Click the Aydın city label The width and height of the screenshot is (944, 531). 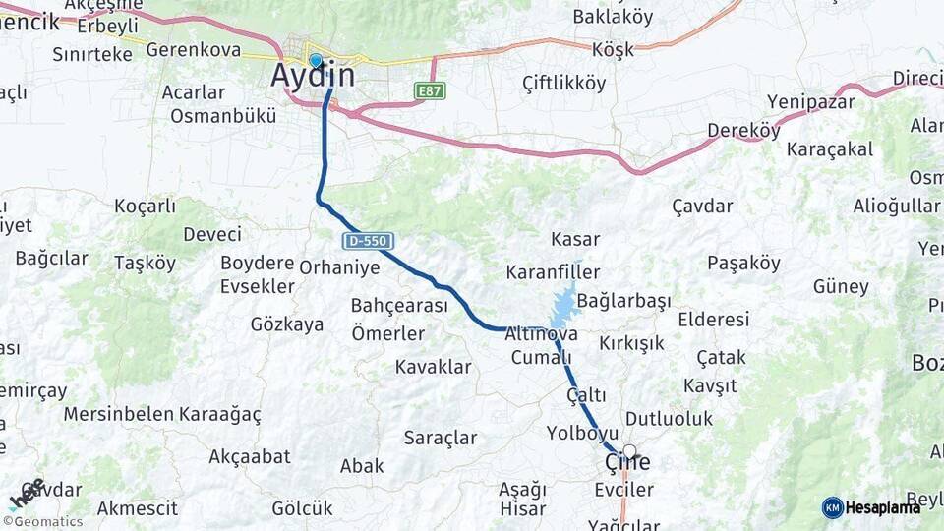(x=314, y=77)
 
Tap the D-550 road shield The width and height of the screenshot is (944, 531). (x=369, y=241)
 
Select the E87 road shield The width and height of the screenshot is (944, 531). (x=431, y=90)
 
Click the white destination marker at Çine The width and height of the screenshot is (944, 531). (x=629, y=453)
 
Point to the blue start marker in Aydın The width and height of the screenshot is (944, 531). (x=315, y=60)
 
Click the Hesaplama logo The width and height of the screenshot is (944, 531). (x=872, y=507)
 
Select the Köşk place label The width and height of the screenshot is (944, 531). (x=615, y=49)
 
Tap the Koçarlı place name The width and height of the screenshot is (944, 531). (x=145, y=206)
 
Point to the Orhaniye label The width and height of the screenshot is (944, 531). (x=338, y=266)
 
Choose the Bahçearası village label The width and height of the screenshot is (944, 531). (x=399, y=306)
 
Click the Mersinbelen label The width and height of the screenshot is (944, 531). (x=118, y=414)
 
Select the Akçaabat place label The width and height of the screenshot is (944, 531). (x=250, y=456)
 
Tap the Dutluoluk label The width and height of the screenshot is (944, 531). (x=669, y=419)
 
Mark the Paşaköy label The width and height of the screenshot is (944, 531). (x=743, y=264)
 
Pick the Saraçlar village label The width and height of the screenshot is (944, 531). (x=440, y=439)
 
